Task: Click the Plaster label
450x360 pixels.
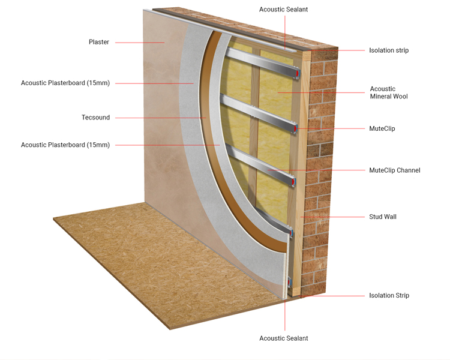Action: click(x=99, y=42)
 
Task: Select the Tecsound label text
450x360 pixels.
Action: click(x=95, y=118)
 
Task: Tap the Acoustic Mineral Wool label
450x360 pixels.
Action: click(x=389, y=93)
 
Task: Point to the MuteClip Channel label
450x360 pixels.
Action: click(x=395, y=170)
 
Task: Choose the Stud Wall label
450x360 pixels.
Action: click(x=383, y=217)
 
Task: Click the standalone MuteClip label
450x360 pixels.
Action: click(x=382, y=128)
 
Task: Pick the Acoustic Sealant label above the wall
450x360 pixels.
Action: click(x=284, y=10)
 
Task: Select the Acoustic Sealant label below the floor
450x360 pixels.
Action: click(x=284, y=338)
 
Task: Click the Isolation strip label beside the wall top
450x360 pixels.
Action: click(x=389, y=50)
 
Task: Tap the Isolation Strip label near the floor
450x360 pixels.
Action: click(x=389, y=295)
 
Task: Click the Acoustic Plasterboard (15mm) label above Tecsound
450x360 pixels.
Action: click(x=65, y=83)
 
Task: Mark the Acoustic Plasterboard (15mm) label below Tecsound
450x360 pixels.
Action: click(x=65, y=145)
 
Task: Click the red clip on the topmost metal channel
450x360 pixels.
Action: click(x=298, y=73)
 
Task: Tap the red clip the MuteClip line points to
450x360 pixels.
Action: click(x=296, y=128)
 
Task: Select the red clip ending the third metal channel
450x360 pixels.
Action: click(x=293, y=182)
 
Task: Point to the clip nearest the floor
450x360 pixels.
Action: click(x=289, y=282)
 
